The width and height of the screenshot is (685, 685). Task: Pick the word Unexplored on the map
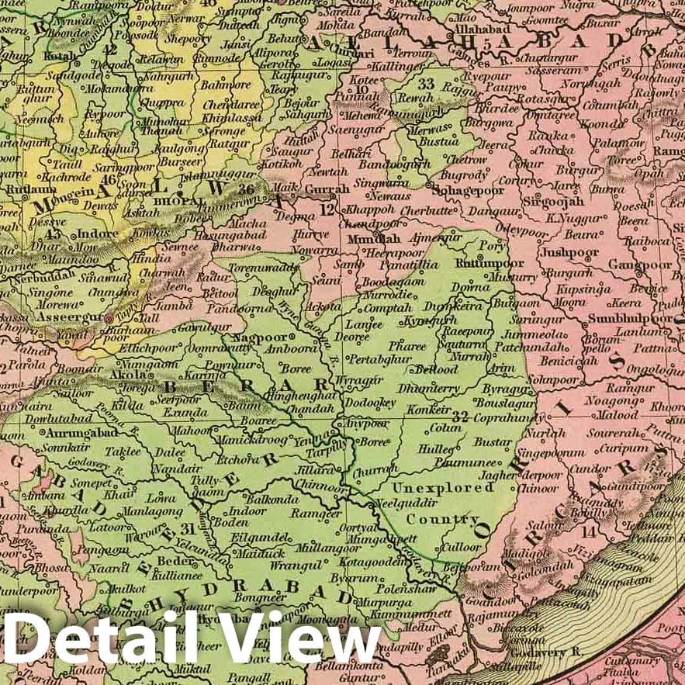(x=442, y=488)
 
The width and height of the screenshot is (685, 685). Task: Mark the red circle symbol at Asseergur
(x=109, y=319)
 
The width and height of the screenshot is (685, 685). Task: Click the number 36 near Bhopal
(x=247, y=189)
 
